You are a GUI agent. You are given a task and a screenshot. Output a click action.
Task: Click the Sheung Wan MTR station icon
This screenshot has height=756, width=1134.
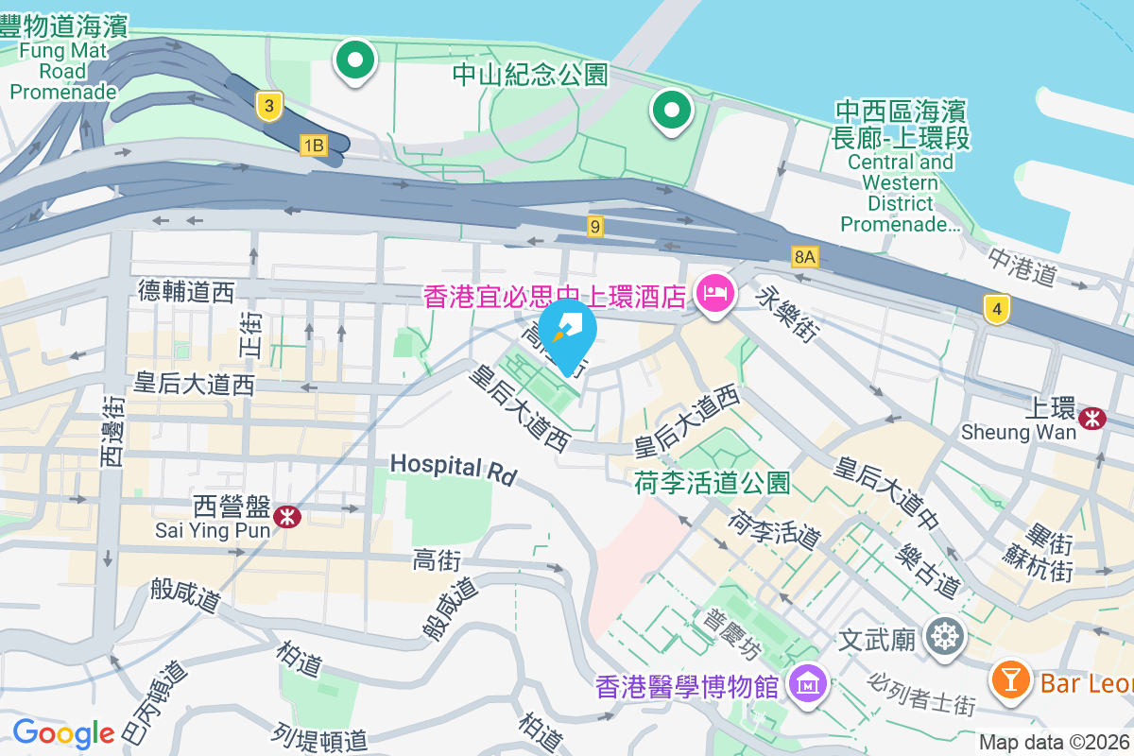click(1093, 416)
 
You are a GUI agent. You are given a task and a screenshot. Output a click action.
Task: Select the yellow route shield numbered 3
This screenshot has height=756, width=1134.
click(269, 107)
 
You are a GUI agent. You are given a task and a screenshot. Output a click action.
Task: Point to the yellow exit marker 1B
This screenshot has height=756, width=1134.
click(313, 146)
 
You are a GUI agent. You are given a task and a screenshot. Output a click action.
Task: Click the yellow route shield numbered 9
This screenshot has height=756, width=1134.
click(594, 226)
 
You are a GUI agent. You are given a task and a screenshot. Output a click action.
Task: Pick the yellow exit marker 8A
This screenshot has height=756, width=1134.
click(804, 256)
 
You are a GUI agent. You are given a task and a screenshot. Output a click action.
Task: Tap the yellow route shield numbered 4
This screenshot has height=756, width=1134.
click(994, 309)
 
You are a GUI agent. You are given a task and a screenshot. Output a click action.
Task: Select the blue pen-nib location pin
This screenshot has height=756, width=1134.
click(567, 333)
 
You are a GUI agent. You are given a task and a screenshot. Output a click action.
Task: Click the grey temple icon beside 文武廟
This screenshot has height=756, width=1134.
click(943, 639)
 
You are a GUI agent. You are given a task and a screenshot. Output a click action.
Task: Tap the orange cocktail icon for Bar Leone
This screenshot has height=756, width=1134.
click(1010, 679)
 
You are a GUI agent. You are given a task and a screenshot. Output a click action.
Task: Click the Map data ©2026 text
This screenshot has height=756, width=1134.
click(1054, 742)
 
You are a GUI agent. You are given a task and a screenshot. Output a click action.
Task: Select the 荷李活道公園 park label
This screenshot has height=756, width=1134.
click(713, 483)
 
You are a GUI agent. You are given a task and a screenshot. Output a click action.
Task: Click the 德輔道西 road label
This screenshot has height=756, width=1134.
click(185, 292)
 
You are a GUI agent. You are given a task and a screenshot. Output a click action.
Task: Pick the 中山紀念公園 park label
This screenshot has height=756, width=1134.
click(529, 75)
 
